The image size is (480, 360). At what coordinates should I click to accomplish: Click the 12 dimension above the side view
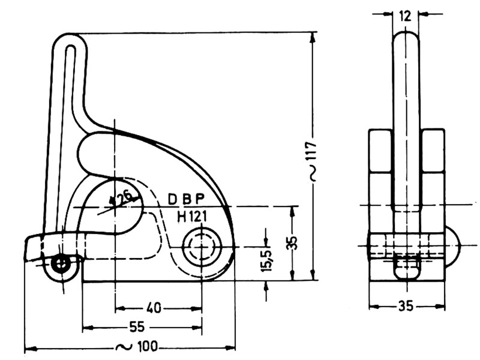tap(406, 16)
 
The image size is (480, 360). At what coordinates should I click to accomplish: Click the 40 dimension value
tap(154, 308)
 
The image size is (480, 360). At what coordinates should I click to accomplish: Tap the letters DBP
tap(186, 199)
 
